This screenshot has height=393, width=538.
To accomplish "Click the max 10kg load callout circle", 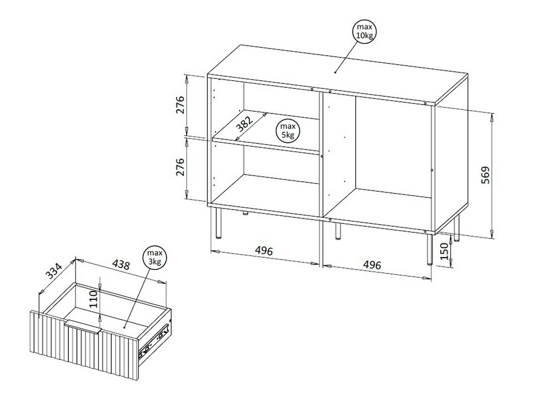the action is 364,31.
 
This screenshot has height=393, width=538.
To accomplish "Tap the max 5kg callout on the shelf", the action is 288,131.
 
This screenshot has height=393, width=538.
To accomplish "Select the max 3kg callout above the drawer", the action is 155,257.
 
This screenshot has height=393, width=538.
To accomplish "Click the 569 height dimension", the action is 486,175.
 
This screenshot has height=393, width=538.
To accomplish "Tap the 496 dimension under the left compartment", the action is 264,251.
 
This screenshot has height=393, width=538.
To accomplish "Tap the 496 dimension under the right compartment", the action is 372,265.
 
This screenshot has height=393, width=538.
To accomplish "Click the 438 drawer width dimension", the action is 121,264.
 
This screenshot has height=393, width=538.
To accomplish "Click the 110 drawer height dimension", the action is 93,299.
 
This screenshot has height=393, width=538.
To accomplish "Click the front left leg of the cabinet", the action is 218,223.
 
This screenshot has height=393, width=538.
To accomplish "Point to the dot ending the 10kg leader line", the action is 335,72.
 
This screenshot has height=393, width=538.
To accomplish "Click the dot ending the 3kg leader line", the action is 124,327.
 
